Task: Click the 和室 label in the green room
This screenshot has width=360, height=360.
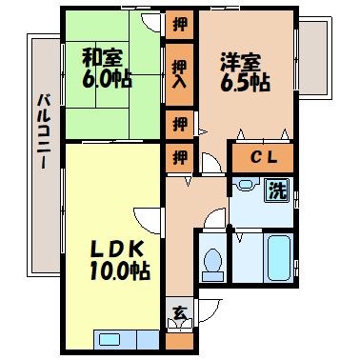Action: (x=102, y=57)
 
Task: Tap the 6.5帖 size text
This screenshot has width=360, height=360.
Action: (x=245, y=83)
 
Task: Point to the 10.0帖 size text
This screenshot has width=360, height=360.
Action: (x=120, y=270)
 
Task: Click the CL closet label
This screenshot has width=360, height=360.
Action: (x=264, y=157)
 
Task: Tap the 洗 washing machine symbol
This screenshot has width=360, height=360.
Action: (x=277, y=190)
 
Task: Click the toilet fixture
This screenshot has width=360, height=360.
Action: (x=212, y=264)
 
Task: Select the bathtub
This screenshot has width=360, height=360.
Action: (x=279, y=258)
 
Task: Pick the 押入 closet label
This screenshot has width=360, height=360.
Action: (x=180, y=74)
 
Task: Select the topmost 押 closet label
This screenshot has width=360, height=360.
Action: (x=180, y=25)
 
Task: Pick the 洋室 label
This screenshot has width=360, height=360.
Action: (x=241, y=63)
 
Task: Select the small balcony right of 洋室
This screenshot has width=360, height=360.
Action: (x=314, y=58)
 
